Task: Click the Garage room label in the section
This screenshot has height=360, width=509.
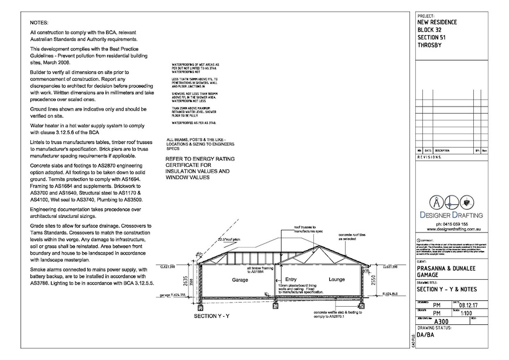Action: click(241, 280)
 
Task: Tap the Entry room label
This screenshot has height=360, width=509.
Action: click(292, 279)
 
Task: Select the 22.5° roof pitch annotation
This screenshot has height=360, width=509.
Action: click(228, 239)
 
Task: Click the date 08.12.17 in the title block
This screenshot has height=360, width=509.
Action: click(473, 304)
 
